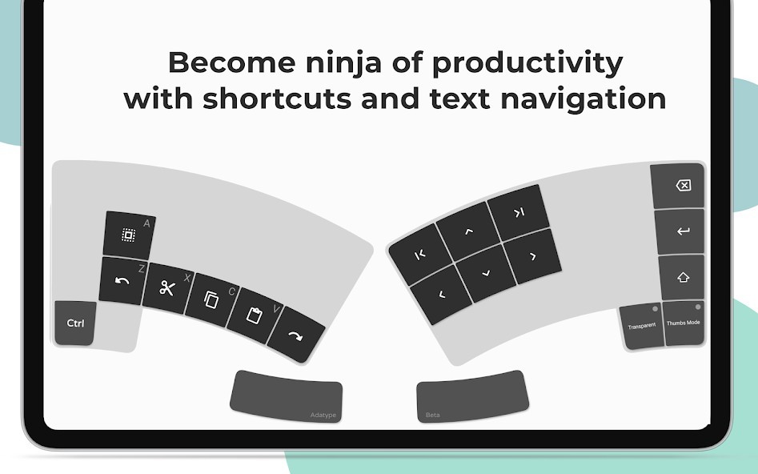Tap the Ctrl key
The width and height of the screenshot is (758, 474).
point(75,323)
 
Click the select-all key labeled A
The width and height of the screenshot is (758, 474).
point(129,235)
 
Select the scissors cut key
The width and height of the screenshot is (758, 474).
point(167,288)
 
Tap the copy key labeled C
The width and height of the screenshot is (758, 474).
point(211,300)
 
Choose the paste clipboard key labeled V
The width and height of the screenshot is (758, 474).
point(255,315)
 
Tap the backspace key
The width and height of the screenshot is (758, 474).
point(677,186)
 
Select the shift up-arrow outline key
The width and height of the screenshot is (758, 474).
point(682,278)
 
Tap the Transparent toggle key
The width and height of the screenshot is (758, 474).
point(641,326)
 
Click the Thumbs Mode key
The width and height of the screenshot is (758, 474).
point(683,323)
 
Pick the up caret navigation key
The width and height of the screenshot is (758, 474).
point(468,231)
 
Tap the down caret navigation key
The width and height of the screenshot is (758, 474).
point(486,273)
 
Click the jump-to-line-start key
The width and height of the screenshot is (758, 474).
point(419,255)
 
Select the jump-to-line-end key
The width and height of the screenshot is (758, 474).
point(519,212)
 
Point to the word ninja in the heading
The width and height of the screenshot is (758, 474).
point(343,63)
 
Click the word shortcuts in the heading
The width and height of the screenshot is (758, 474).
point(277,98)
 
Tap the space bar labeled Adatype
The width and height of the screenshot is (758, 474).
point(287,396)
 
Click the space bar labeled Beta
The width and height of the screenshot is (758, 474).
point(472,396)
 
